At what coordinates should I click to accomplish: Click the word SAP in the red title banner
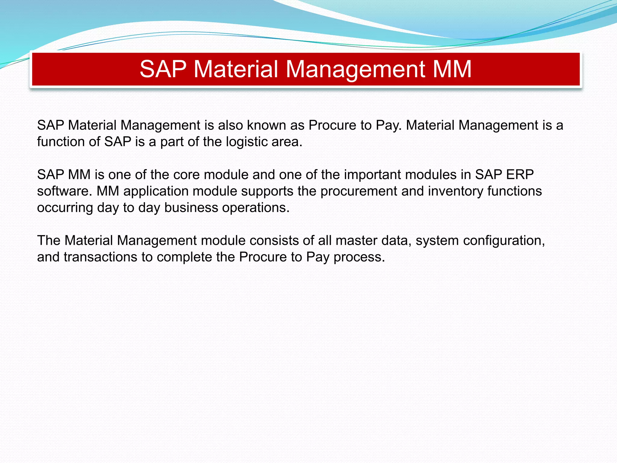coord(163,69)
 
